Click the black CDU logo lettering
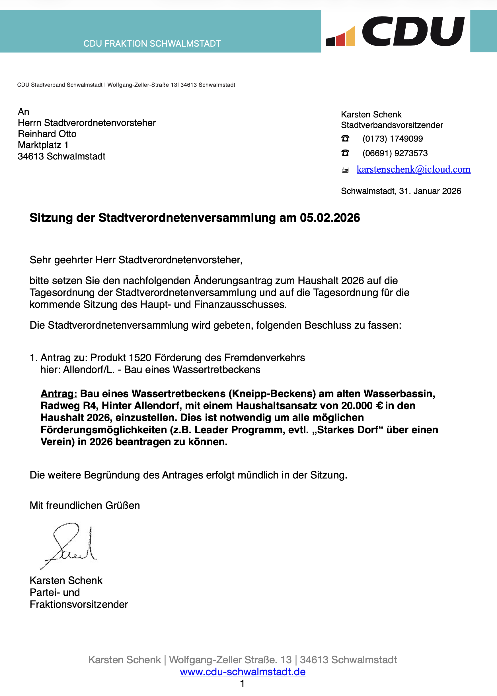click(x=413, y=31)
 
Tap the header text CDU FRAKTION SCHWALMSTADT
click(x=152, y=44)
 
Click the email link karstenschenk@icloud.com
click(x=413, y=169)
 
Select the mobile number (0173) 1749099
click(x=393, y=139)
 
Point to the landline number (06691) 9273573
click(x=395, y=153)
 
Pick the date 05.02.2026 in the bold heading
click(x=330, y=217)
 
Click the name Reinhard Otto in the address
click(x=47, y=134)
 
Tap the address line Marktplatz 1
click(x=43, y=145)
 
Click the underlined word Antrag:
click(x=59, y=394)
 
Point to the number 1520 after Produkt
click(x=140, y=358)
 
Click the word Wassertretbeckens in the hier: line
click(x=217, y=370)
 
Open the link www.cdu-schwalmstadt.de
click(x=243, y=672)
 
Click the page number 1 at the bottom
click(x=242, y=683)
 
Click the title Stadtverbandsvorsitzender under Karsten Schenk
click(x=392, y=125)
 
